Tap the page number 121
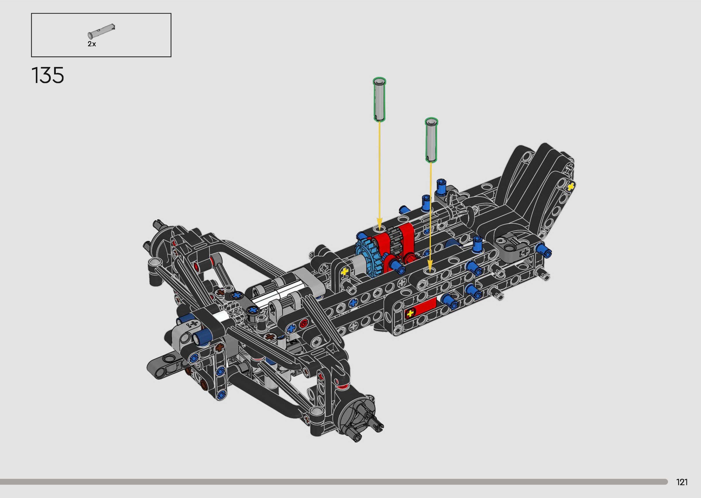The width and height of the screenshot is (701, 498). tap(682, 482)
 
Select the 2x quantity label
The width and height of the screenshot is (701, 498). tap(92, 44)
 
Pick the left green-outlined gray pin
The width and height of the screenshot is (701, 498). tap(379, 100)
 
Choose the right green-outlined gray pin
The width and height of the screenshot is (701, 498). tap(431, 139)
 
